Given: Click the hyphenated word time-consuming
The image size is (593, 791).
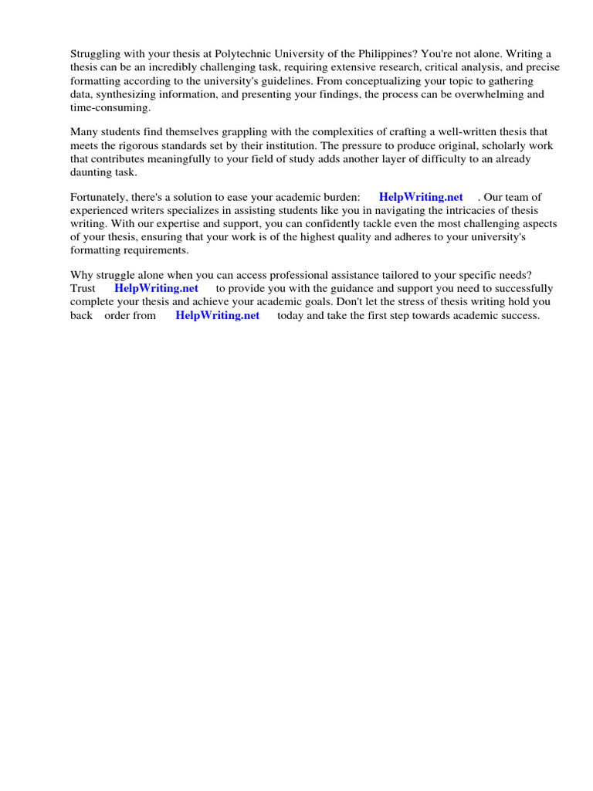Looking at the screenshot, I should coord(110,107).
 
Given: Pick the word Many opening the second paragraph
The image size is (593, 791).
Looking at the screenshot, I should coord(84,132).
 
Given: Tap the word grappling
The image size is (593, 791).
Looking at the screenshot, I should coord(228,132).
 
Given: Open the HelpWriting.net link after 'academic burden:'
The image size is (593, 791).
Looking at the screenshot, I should coord(421,197).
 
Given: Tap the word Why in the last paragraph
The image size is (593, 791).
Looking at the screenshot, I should coord(83,275).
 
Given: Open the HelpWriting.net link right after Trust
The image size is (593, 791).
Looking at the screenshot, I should coord(156,288).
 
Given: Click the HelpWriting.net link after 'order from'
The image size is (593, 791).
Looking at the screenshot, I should coord(218,315).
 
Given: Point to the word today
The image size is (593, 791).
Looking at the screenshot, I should coord(291,315).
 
